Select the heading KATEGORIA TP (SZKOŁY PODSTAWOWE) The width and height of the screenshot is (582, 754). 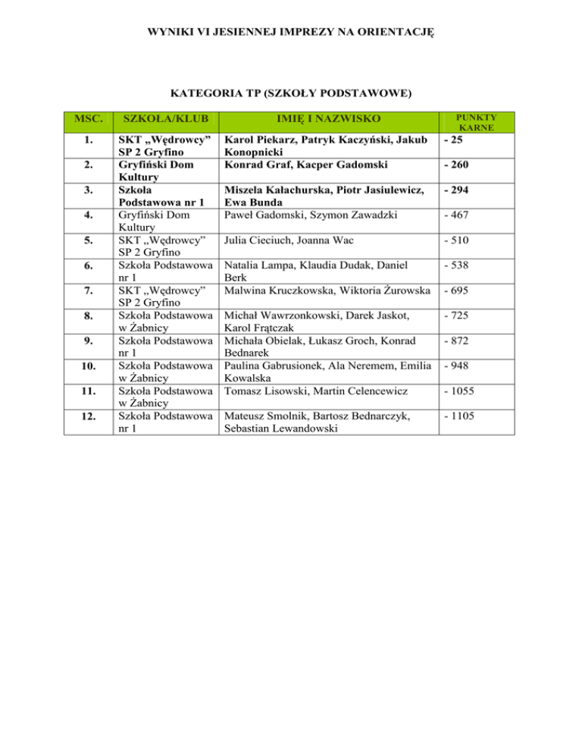click(x=290, y=94)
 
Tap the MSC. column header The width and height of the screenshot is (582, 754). click(x=86, y=119)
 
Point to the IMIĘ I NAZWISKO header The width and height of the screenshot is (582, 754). click(x=327, y=119)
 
